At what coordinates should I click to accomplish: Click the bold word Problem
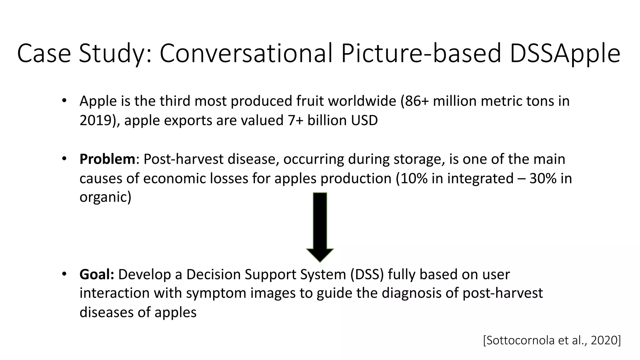coord(107,159)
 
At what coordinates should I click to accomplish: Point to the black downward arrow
coord(320,225)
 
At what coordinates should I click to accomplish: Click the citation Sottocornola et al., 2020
coord(552,340)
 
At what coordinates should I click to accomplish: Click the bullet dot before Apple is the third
coord(64,101)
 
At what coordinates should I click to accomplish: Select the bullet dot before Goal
coord(64,274)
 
